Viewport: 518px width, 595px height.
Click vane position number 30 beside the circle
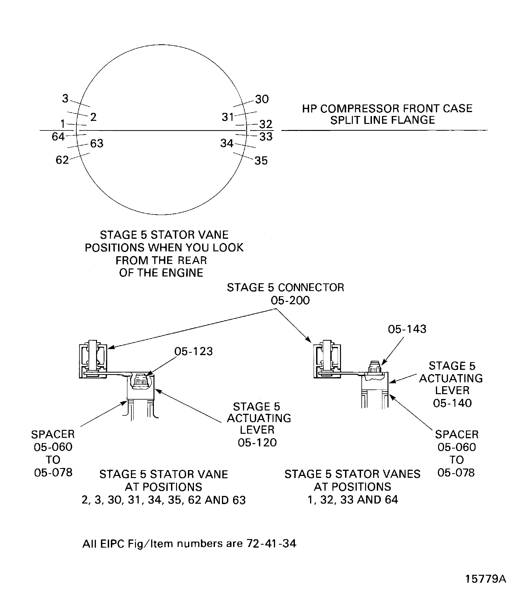(x=262, y=99)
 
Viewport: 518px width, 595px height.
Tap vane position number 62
(x=62, y=160)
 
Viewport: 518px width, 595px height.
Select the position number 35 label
(x=261, y=161)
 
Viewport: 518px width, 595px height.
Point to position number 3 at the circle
(x=65, y=99)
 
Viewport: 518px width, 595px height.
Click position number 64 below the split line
(x=58, y=137)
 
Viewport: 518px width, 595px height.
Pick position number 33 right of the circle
(x=266, y=137)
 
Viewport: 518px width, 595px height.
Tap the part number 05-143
(x=407, y=329)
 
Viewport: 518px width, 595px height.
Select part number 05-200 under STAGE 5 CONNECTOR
(x=290, y=301)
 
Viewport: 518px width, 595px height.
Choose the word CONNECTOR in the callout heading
(x=311, y=287)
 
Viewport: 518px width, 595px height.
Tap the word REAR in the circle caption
(x=192, y=260)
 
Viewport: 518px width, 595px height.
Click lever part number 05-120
(x=257, y=443)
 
